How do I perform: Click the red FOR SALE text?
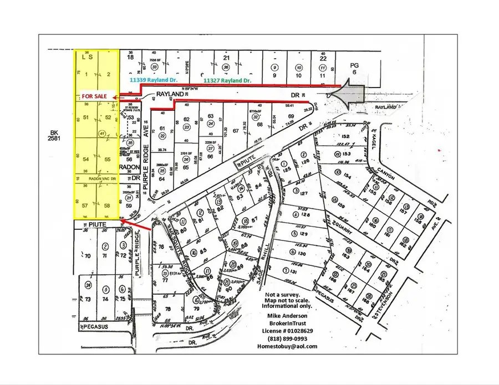[95, 95]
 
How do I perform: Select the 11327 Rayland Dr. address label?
[227, 80]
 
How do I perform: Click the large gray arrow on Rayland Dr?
[350, 95]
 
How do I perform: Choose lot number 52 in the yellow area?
[108, 117]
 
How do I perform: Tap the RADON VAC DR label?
[100, 178]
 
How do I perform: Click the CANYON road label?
[386, 173]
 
